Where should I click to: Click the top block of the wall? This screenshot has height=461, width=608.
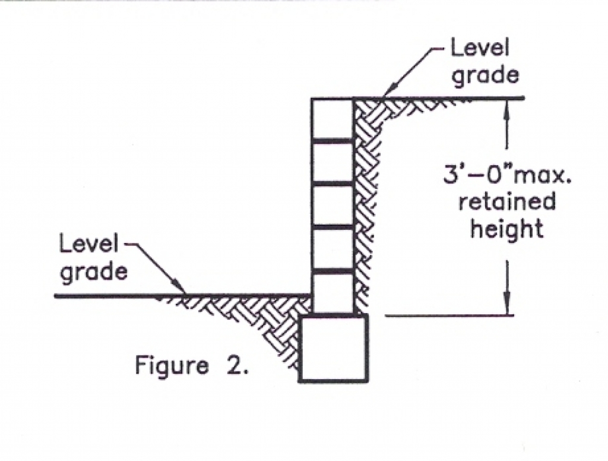[332, 119]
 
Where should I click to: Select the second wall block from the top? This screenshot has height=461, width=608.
[332, 162]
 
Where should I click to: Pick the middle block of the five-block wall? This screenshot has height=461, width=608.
[332, 206]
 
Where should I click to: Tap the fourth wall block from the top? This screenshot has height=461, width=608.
[332, 248]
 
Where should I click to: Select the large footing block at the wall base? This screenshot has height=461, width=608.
[334, 348]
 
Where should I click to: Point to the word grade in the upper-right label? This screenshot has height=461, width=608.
[486, 75]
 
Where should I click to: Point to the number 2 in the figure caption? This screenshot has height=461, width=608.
[235, 364]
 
